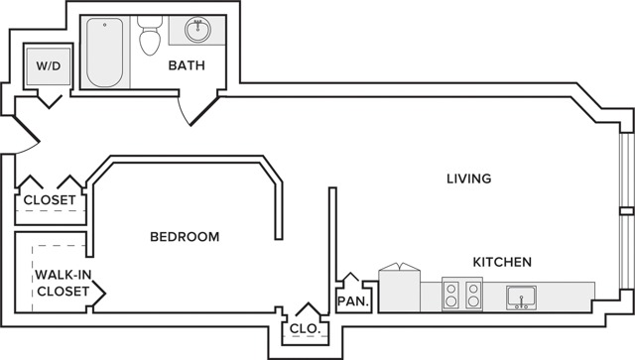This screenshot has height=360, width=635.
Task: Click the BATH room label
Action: click(x=187, y=65)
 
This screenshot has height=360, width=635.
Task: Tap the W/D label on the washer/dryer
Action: click(x=49, y=65)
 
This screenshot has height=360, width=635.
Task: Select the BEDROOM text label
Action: click(x=185, y=236)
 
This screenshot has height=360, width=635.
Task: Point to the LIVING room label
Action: click(x=469, y=179)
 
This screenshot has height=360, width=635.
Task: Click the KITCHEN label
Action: click(x=502, y=262)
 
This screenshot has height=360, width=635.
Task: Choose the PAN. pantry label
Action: click(x=353, y=301)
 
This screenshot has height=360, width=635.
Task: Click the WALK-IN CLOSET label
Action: click(x=63, y=283)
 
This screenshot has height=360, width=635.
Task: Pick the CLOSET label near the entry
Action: click(x=50, y=199)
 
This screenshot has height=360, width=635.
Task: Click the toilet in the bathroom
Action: click(x=150, y=36)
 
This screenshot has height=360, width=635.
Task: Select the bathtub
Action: click(x=104, y=53)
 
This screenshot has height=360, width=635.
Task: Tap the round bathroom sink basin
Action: click(x=197, y=30)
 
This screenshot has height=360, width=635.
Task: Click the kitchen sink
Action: click(x=521, y=299)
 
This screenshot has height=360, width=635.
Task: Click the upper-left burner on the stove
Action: click(x=450, y=290)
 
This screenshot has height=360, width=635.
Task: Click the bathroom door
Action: click(x=204, y=111)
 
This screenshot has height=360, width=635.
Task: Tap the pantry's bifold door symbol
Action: click(x=350, y=277)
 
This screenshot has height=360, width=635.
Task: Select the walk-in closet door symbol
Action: click(x=99, y=293)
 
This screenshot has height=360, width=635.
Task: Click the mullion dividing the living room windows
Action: click(x=626, y=211)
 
